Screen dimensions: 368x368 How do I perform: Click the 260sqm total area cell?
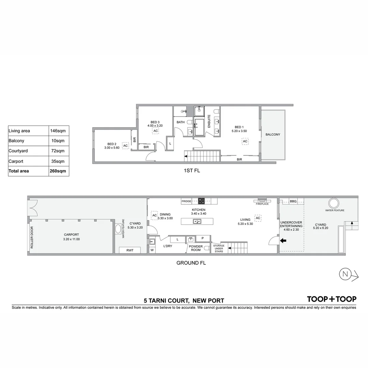pyautogui.click(x=58, y=171)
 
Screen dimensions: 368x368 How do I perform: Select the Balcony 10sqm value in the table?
pyautogui.click(x=58, y=141)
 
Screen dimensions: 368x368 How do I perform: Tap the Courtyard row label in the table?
pyautogui.click(x=18, y=151)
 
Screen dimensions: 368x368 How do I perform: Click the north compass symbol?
pyautogui.click(x=346, y=274)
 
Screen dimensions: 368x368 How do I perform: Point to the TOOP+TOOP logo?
pyautogui.click(x=332, y=299)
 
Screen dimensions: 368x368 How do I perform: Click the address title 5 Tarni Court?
pyautogui.click(x=184, y=301)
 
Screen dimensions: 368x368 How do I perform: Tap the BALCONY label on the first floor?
pyautogui.click(x=273, y=135)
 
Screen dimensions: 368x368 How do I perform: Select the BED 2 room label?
pyautogui.click(x=112, y=144)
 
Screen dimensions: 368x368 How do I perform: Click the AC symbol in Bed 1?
pyautogui.click(x=245, y=141)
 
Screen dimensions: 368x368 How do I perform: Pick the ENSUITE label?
pyautogui.click(x=209, y=121)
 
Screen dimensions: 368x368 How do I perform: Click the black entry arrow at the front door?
pyautogui.click(x=283, y=241)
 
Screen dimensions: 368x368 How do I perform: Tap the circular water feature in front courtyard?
pyautogui.click(x=334, y=203)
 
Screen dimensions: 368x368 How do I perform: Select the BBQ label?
pyautogui.click(x=293, y=202)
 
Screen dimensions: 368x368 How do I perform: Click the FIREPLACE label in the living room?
pyautogui.click(x=262, y=204)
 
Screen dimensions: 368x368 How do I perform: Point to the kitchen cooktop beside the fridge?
pyautogui.click(x=201, y=201)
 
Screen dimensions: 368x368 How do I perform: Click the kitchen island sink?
pyautogui.click(x=197, y=221)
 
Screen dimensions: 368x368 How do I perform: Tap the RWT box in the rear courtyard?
pyautogui.click(x=130, y=250)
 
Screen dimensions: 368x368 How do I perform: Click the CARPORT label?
pyautogui.click(x=72, y=235)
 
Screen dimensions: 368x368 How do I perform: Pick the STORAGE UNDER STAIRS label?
pyautogui.click(x=218, y=248)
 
